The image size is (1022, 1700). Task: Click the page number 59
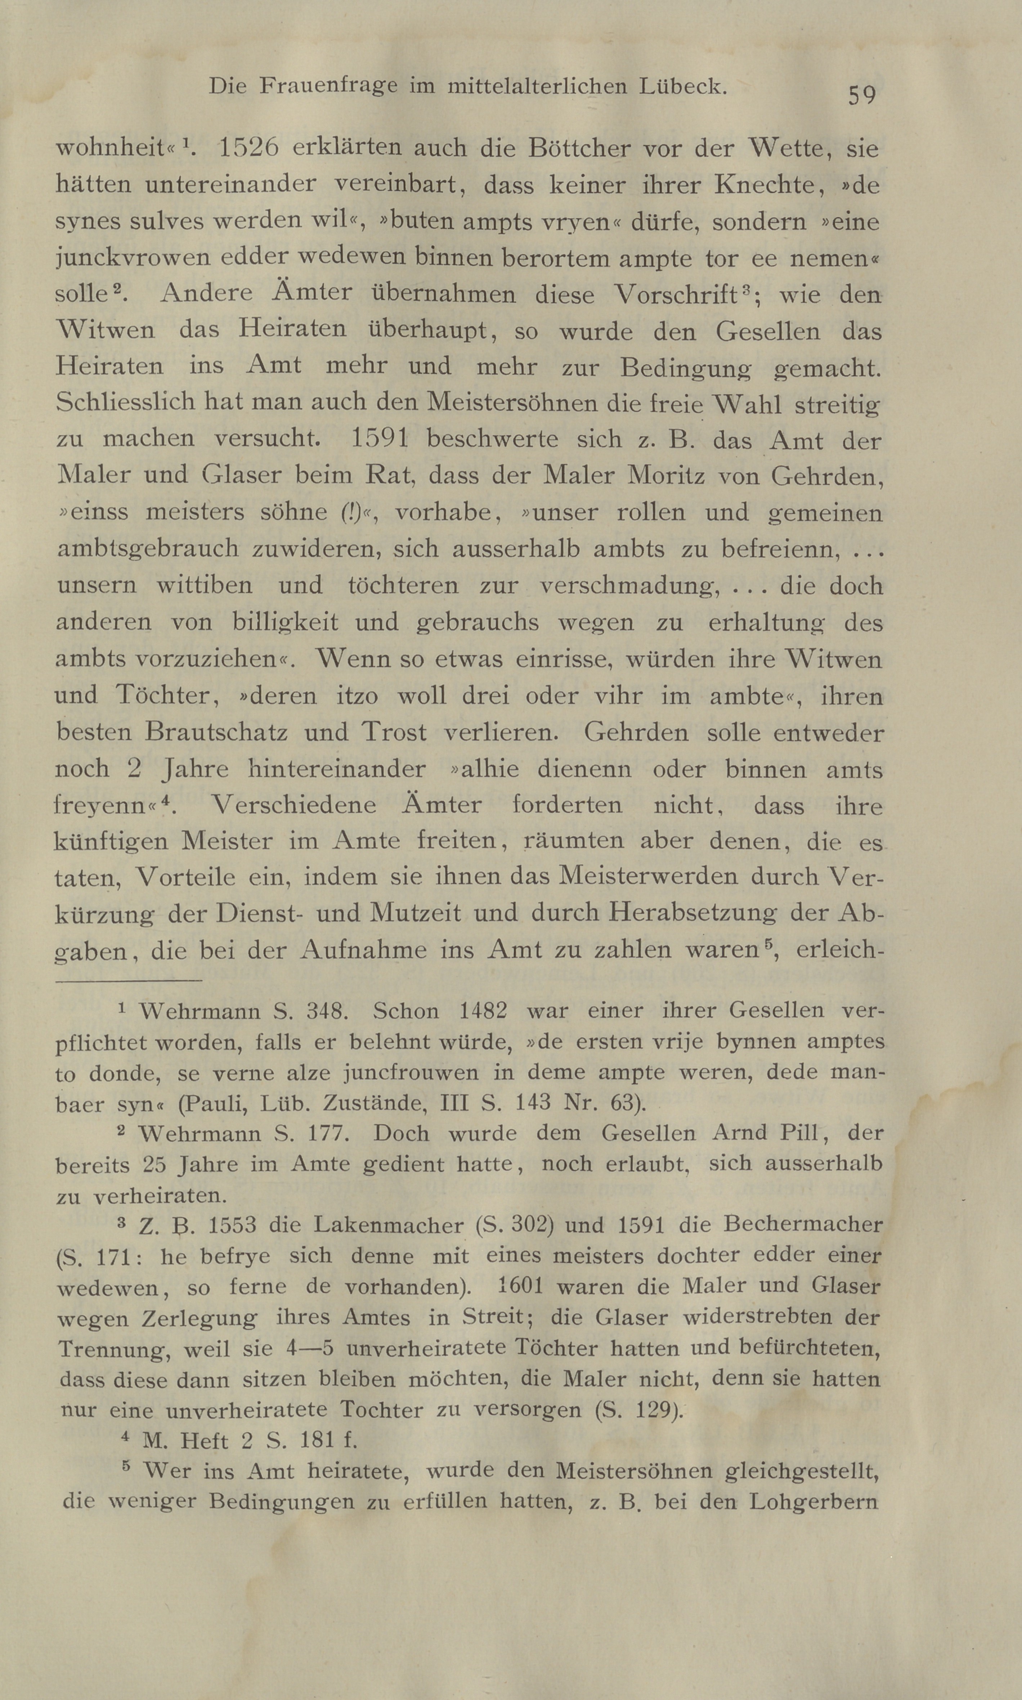861,94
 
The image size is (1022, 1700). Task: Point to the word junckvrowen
132,259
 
